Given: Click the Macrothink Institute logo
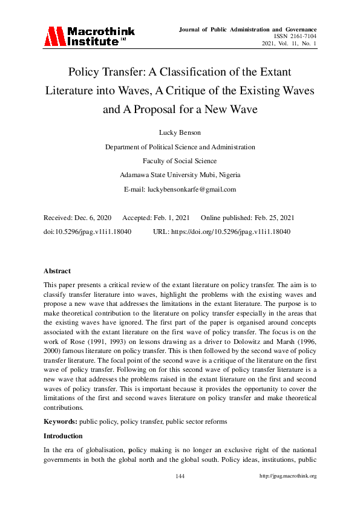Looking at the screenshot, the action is pos(88,36).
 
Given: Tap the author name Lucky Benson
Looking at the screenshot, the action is pos(180,132).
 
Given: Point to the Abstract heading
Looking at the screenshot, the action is pos(57,271).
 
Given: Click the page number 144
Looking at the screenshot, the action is pos(180,476).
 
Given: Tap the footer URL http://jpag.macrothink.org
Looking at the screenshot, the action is pos(288,476).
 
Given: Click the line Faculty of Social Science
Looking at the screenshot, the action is pos(180,161).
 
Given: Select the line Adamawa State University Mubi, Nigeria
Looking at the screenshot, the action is pos(180,175).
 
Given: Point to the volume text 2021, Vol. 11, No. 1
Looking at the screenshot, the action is pos(289,44).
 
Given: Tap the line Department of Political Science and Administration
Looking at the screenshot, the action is pos(180,147).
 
